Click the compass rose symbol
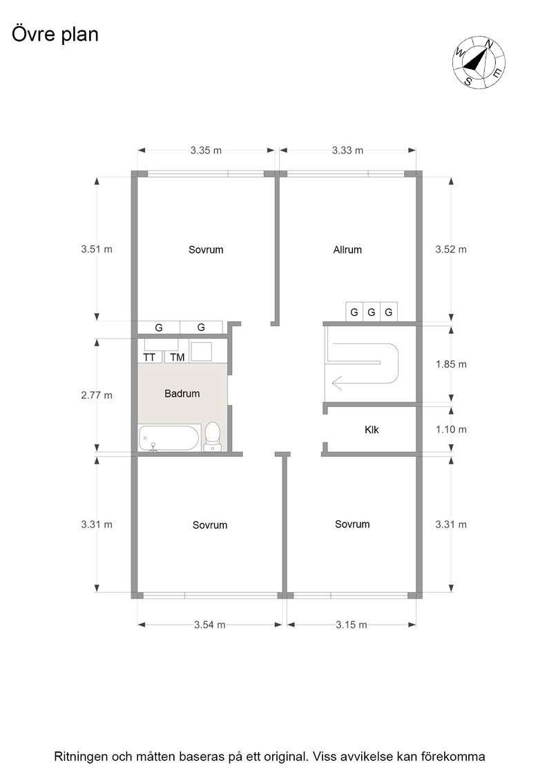tap(479, 62)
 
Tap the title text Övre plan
tap(55, 35)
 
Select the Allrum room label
tap(347, 249)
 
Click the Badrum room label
tap(182, 393)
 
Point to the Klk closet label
tap(372, 429)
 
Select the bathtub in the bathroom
tap(169, 438)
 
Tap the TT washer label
tap(149, 357)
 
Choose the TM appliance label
tap(177, 357)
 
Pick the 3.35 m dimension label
tap(207, 151)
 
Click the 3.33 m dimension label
tap(347, 151)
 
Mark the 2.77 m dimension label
tap(97, 395)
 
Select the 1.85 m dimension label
tap(451, 364)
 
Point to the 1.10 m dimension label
tap(451, 429)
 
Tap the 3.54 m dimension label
tap(210, 625)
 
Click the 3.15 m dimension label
tap(351, 625)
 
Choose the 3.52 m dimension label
tap(451, 249)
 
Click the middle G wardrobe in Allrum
tap(372, 312)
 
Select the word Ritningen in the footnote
tap(81, 757)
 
